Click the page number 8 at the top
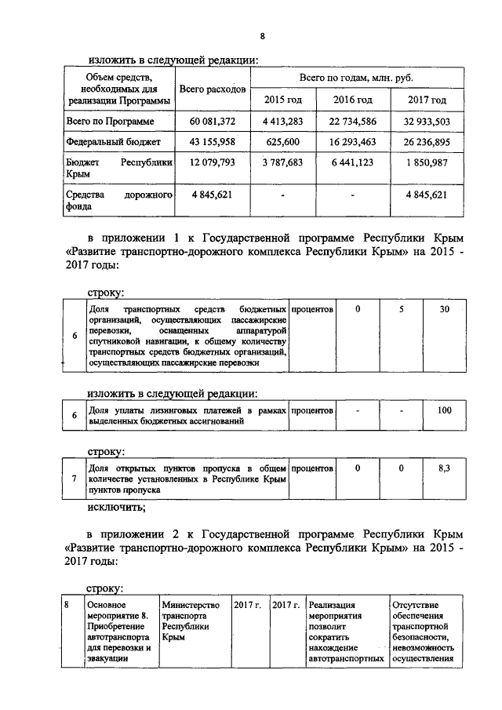click(x=262, y=37)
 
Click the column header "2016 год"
click(x=353, y=100)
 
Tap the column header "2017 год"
click(x=427, y=100)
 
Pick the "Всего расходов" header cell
click(x=213, y=90)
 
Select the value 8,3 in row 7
click(x=445, y=468)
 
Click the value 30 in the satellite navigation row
click(x=445, y=310)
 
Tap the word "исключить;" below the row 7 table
click(x=114, y=508)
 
